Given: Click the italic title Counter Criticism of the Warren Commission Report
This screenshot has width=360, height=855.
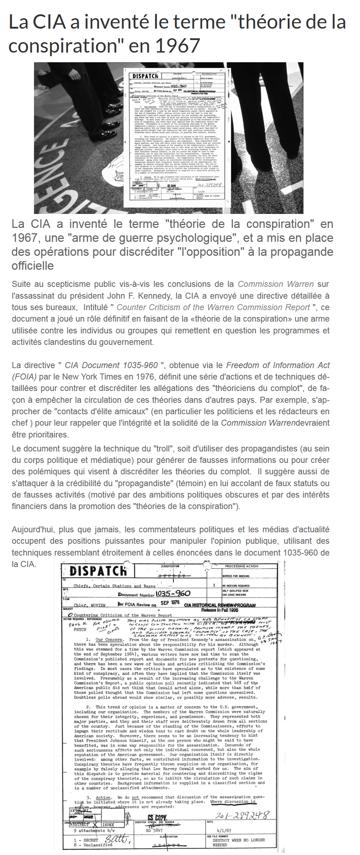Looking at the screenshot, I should pyautogui.click(x=213, y=307).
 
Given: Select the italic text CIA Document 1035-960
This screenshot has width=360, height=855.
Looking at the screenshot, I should pyautogui.click(x=111, y=365).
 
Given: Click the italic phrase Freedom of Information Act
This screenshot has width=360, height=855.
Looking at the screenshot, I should pyautogui.click(x=278, y=365).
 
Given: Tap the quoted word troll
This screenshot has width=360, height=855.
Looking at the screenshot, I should pyautogui.click(x=161, y=449).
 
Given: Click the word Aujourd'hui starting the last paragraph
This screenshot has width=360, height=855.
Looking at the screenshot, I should pyautogui.click(x=33, y=529).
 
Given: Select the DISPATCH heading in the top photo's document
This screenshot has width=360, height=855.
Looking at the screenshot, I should pyautogui.click(x=145, y=76).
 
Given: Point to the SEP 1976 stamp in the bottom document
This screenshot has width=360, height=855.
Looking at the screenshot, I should pyautogui.click(x=170, y=602).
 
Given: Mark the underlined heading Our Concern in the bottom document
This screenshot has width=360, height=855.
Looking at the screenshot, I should pyautogui.click(x=109, y=639).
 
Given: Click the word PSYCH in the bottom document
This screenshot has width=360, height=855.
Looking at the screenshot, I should pyautogui.click(x=80, y=629).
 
